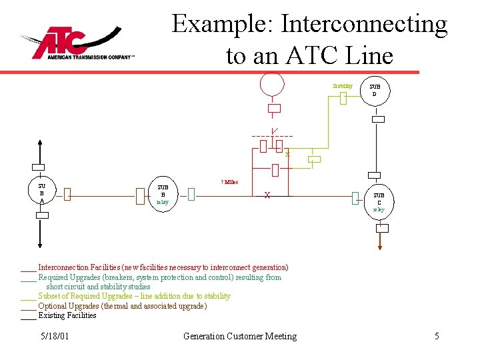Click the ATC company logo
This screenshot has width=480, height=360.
point(73,43)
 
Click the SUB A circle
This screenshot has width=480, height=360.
point(41,193)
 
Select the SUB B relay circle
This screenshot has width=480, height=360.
point(163,193)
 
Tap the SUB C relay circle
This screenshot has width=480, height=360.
point(379,202)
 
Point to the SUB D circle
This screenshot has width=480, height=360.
point(375,90)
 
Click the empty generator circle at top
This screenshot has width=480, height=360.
point(272,84)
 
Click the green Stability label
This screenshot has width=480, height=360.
point(343,86)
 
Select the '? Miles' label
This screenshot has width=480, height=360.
point(229,181)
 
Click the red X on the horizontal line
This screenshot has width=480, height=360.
point(267,195)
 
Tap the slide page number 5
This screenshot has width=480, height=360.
point(437,336)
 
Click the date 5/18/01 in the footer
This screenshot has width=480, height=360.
point(54,336)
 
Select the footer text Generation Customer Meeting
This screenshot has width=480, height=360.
point(239,336)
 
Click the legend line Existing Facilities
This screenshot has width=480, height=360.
point(67,315)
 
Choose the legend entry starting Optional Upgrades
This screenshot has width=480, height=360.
point(122,306)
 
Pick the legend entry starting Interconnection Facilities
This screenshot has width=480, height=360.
point(163,267)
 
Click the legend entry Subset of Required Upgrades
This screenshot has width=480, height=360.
point(134,296)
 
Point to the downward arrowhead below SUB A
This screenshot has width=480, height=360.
point(41,245)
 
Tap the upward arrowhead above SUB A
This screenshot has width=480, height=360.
point(41,141)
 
